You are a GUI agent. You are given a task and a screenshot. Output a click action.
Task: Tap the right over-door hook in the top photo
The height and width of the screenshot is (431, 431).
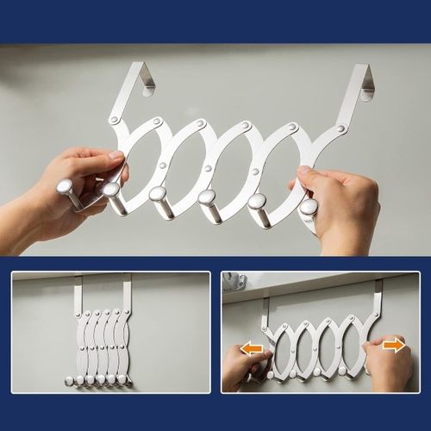pos(365,81)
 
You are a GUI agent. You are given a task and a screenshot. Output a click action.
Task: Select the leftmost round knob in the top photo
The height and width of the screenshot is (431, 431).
pos(65,188)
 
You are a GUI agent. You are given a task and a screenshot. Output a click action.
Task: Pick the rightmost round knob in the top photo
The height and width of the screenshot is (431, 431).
pos(308,207)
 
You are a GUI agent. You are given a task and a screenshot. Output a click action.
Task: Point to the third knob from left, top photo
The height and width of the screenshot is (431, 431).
pos(158,194)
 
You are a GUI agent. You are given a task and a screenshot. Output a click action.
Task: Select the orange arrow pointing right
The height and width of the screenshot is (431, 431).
pos(393,345)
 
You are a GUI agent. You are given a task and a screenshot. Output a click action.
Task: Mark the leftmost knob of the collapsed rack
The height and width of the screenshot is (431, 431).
pos(69,380)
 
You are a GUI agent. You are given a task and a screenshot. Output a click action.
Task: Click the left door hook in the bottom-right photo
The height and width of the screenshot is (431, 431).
pos(265,308)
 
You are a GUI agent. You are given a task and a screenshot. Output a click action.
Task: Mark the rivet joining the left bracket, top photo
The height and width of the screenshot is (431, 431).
pos(115,118)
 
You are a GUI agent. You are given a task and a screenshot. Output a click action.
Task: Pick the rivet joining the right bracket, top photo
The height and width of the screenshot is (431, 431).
pos(341,128)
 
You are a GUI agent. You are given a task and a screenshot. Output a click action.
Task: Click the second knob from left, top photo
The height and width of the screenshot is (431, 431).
pos(110,189)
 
